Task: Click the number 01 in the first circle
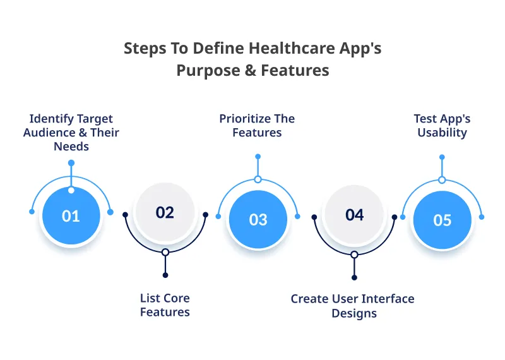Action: point(71,216)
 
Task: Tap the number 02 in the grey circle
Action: point(165,212)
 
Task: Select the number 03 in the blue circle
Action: point(258,220)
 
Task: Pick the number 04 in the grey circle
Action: point(354,215)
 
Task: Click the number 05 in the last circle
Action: point(442,220)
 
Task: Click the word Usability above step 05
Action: point(442,133)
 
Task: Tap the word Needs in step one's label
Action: point(71,147)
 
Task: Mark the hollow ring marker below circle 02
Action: point(165,252)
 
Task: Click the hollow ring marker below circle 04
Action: point(354,255)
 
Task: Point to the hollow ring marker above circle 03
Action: point(258,179)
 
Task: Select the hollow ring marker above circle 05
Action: point(442,180)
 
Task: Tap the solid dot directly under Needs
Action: point(71,163)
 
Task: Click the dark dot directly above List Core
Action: point(165,275)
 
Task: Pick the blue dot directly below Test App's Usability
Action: point(442,157)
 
